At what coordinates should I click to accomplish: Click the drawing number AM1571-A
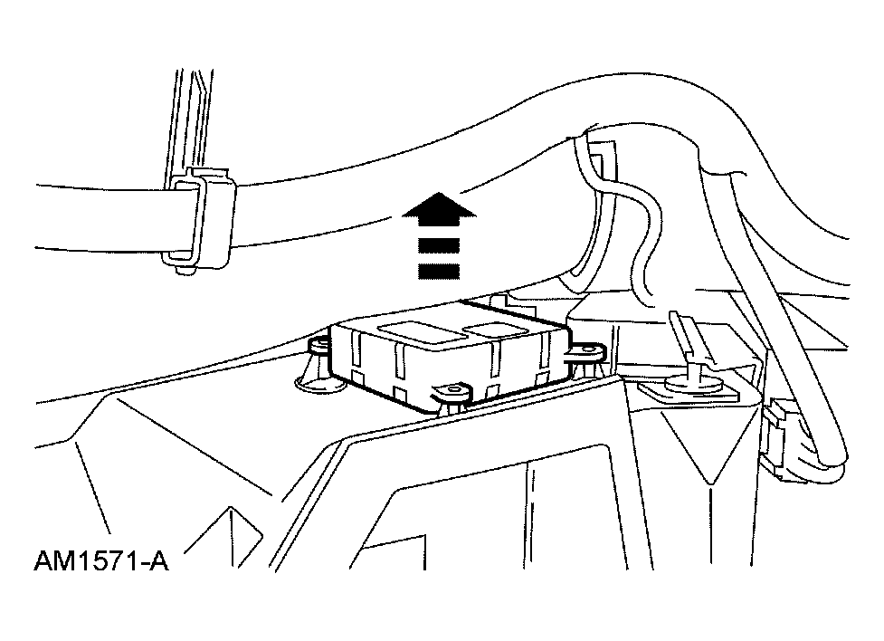click(x=101, y=561)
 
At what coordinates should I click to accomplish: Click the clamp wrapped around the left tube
click(x=199, y=222)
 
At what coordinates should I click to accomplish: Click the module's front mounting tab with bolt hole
click(x=450, y=393)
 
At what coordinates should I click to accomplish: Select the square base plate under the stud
click(x=688, y=391)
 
